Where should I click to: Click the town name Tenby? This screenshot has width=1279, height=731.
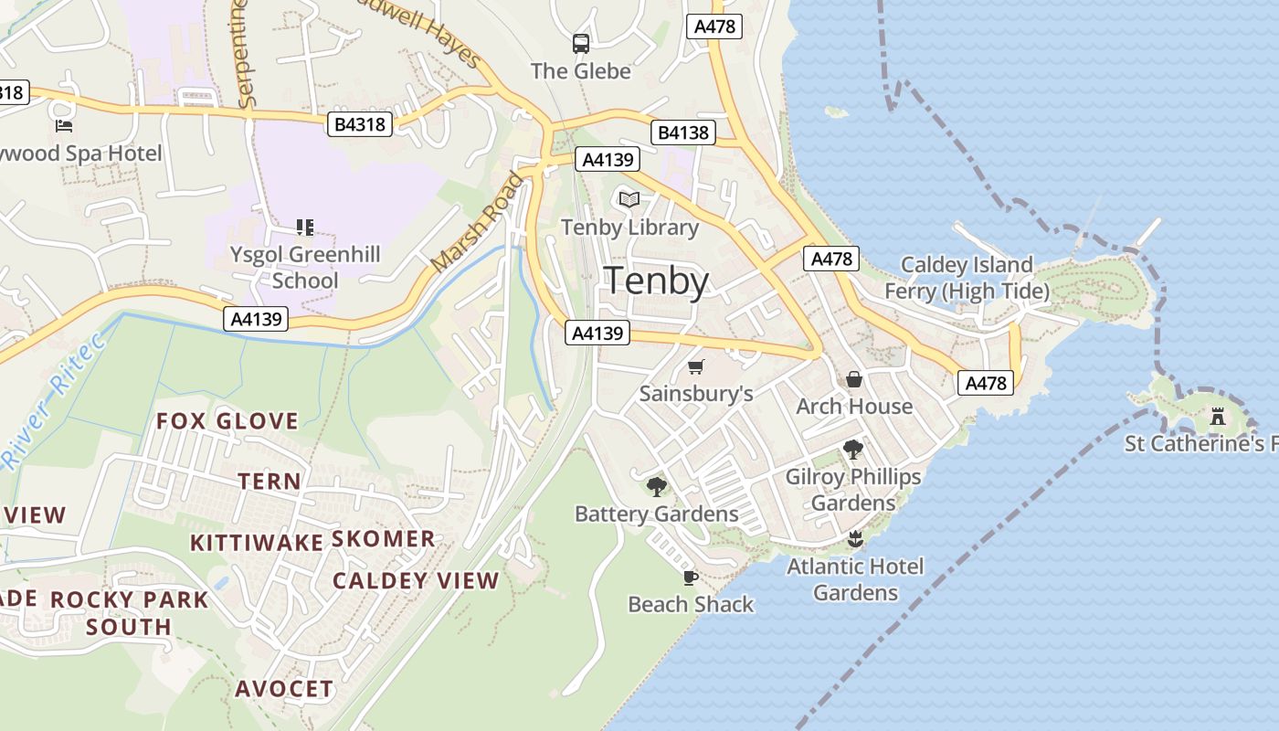657,281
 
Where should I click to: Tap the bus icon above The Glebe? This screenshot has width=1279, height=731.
581,43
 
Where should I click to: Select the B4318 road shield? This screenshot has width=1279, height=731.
360,124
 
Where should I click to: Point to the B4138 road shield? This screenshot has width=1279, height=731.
683,132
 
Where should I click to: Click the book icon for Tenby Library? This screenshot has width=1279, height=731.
629,199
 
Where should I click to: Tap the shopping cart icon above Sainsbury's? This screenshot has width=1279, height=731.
696,366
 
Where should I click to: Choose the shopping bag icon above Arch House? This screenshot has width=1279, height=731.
854,379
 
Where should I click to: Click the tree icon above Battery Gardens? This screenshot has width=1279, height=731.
656,486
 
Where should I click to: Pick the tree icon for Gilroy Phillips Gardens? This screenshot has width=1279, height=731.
853,449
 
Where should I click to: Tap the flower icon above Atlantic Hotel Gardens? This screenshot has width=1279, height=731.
855,538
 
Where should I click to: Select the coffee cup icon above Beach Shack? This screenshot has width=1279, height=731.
691,577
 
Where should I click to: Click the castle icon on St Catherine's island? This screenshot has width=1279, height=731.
1217,417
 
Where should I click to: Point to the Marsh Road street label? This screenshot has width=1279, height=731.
479,222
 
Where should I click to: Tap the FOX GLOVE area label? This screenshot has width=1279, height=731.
227,421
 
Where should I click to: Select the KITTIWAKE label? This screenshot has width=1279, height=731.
257,543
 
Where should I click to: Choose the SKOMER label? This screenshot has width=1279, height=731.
383,538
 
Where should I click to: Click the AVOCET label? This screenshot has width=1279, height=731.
284,689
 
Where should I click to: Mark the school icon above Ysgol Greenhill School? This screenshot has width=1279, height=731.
305,227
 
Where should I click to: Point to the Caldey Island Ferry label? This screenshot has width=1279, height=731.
967,278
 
